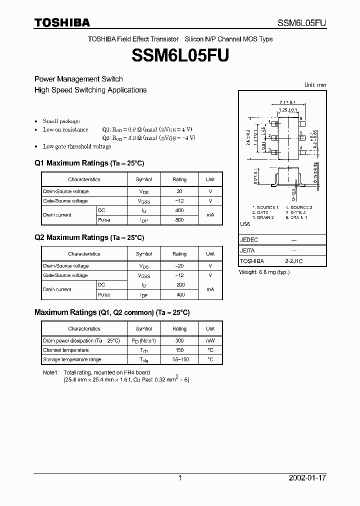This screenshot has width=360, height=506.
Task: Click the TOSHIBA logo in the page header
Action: click(62, 22)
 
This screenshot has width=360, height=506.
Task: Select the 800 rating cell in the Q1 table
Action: click(179, 220)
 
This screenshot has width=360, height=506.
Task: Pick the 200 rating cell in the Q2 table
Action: click(179, 284)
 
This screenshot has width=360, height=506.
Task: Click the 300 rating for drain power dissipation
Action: click(179, 340)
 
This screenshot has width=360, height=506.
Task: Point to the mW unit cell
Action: click(210, 340)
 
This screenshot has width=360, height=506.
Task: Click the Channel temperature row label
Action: click(66, 350)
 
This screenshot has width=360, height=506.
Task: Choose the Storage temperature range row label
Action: click(72, 359)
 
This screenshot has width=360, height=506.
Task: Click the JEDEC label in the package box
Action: click(249, 240)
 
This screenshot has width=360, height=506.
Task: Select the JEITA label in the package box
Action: click(248, 250)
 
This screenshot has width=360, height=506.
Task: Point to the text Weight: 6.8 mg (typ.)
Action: click(264, 272)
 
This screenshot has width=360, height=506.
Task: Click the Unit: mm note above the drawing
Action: click(315, 85)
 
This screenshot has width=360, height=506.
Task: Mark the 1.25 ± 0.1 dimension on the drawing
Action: click(288, 109)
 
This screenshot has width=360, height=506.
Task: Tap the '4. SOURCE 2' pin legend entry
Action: click(299, 207)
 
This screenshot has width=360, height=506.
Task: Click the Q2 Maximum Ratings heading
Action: click(89, 237)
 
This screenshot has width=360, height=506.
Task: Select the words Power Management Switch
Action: click(78, 79)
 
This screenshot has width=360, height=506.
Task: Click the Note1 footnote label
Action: click(51, 372)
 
